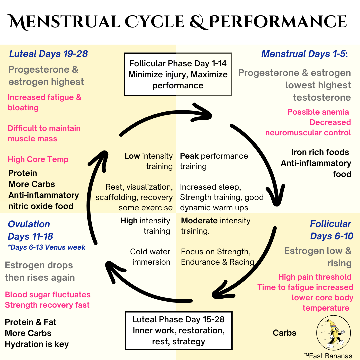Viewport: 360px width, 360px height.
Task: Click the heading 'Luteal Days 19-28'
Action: click(48, 54)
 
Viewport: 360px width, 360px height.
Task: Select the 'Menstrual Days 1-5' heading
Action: click(304, 54)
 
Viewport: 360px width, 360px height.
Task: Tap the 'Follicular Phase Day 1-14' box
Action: click(178, 74)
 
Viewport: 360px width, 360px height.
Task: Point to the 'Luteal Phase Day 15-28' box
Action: click(178, 330)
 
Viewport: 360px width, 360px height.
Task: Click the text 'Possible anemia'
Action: click(318, 112)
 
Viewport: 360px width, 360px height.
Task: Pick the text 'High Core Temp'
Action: click(38, 159)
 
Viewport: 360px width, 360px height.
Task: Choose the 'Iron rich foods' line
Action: click(320, 152)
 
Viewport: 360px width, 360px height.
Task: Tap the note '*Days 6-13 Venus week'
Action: click(47, 247)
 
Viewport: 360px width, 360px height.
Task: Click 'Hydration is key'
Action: click(37, 344)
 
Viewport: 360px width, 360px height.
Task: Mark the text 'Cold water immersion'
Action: click(150, 257)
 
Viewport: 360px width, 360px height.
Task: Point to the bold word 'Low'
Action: click(132, 156)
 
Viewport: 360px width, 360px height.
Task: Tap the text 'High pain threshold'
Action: click(315, 277)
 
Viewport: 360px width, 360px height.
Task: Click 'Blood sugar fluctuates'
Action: click(48, 295)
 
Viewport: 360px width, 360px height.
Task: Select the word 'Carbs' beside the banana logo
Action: click(284, 333)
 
